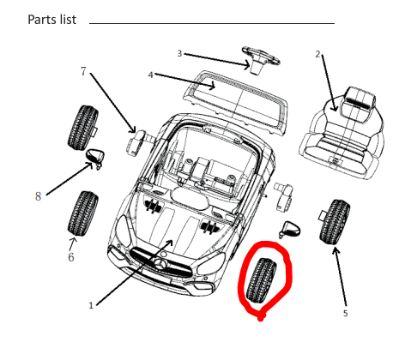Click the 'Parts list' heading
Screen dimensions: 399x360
(52, 20)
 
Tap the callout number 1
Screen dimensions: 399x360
(91, 305)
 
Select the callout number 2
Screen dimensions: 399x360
(317, 54)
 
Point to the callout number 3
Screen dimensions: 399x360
(179, 53)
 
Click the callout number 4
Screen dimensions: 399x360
(151, 75)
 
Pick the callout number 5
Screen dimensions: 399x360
(345, 314)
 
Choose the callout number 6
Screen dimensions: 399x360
(71, 257)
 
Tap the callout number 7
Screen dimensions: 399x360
(83, 71)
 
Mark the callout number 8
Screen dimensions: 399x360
(38, 196)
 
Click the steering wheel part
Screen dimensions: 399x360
(260, 59)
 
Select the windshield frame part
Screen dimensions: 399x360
(236, 103)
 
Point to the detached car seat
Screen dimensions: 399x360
(342, 133)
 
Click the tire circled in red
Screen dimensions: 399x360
(262, 280)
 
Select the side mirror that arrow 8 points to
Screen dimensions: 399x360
(95, 158)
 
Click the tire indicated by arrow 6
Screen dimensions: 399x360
(83, 213)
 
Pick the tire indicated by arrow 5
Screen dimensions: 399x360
(335, 222)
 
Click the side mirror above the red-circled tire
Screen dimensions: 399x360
(290, 230)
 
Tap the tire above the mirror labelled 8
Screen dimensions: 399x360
(83, 128)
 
